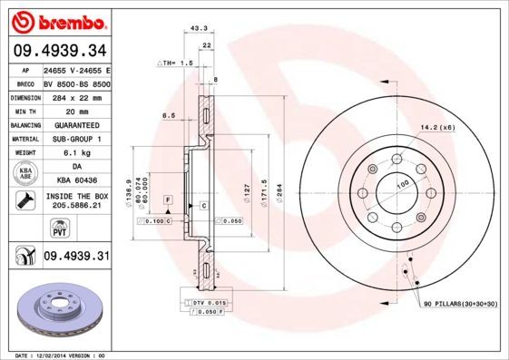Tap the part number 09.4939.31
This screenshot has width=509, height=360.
click(x=76, y=257)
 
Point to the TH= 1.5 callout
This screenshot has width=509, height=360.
click(x=176, y=63)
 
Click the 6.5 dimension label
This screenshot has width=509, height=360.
click(x=168, y=116)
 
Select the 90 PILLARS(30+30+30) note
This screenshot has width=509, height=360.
click(x=460, y=305)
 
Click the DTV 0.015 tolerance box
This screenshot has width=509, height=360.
click(x=206, y=302)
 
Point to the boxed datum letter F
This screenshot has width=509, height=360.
click(x=167, y=198)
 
